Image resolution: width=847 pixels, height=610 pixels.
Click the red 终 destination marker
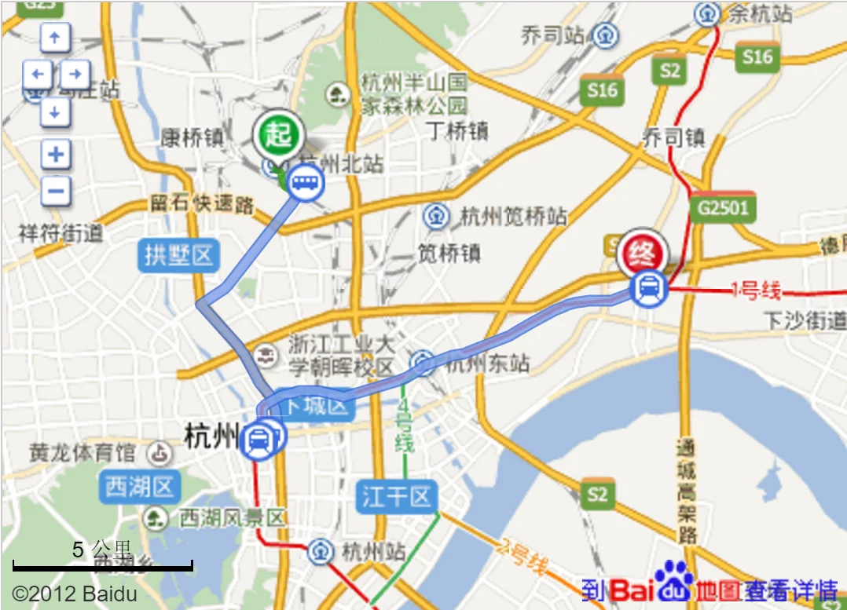click(642, 253)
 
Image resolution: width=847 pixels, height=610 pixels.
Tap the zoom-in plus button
click(56, 154)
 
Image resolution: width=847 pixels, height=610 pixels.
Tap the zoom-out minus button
click(56, 191)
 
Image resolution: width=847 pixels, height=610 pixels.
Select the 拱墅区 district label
click(179, 255)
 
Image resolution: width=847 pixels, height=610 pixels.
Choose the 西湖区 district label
click(140, 487)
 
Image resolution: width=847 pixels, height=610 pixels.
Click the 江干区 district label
click(397, 496)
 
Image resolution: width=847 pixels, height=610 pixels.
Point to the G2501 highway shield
click(723, 208)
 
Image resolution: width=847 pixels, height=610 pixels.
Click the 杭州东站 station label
click(487, 363)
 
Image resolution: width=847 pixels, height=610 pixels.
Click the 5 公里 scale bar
click(102, 564)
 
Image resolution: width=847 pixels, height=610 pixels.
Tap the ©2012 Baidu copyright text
click(75, 594)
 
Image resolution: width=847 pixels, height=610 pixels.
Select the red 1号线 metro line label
click(755, 291)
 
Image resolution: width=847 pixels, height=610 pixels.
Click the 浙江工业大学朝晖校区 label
click(341, 356)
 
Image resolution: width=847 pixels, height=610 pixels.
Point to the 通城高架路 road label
click(687, 491)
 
